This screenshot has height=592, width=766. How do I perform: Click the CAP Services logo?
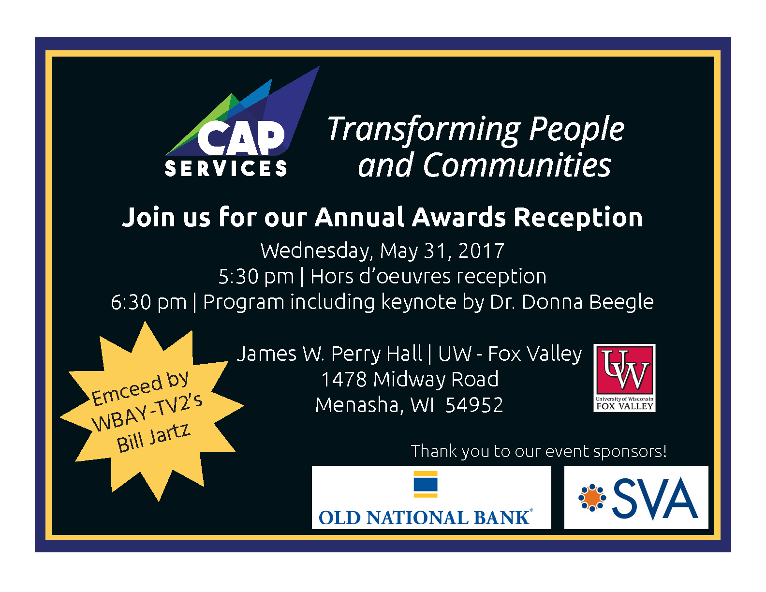[243, 122]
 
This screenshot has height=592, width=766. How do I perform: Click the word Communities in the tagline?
[517, 165]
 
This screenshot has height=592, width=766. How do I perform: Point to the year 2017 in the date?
[481, 251]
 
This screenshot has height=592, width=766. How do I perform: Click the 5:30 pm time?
[256, 277]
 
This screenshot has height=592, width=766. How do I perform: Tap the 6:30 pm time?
[148, 302]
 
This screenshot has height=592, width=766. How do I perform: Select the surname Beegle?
[621, 302]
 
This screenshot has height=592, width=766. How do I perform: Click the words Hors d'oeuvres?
[381, 276]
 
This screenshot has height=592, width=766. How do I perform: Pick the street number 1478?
[344, 379]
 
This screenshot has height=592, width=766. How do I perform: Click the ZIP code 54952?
[474, 405]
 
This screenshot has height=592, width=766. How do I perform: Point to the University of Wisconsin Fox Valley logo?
[624, 378]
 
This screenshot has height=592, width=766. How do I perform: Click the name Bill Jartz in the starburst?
[154, 438]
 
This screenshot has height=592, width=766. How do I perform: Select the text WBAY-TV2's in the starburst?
[147, 412]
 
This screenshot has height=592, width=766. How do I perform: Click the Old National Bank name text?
[425, 518]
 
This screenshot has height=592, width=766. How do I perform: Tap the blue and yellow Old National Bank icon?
[425, 484]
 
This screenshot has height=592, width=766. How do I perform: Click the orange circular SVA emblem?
[592, 498]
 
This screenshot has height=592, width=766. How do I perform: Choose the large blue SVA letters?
[655, 499]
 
